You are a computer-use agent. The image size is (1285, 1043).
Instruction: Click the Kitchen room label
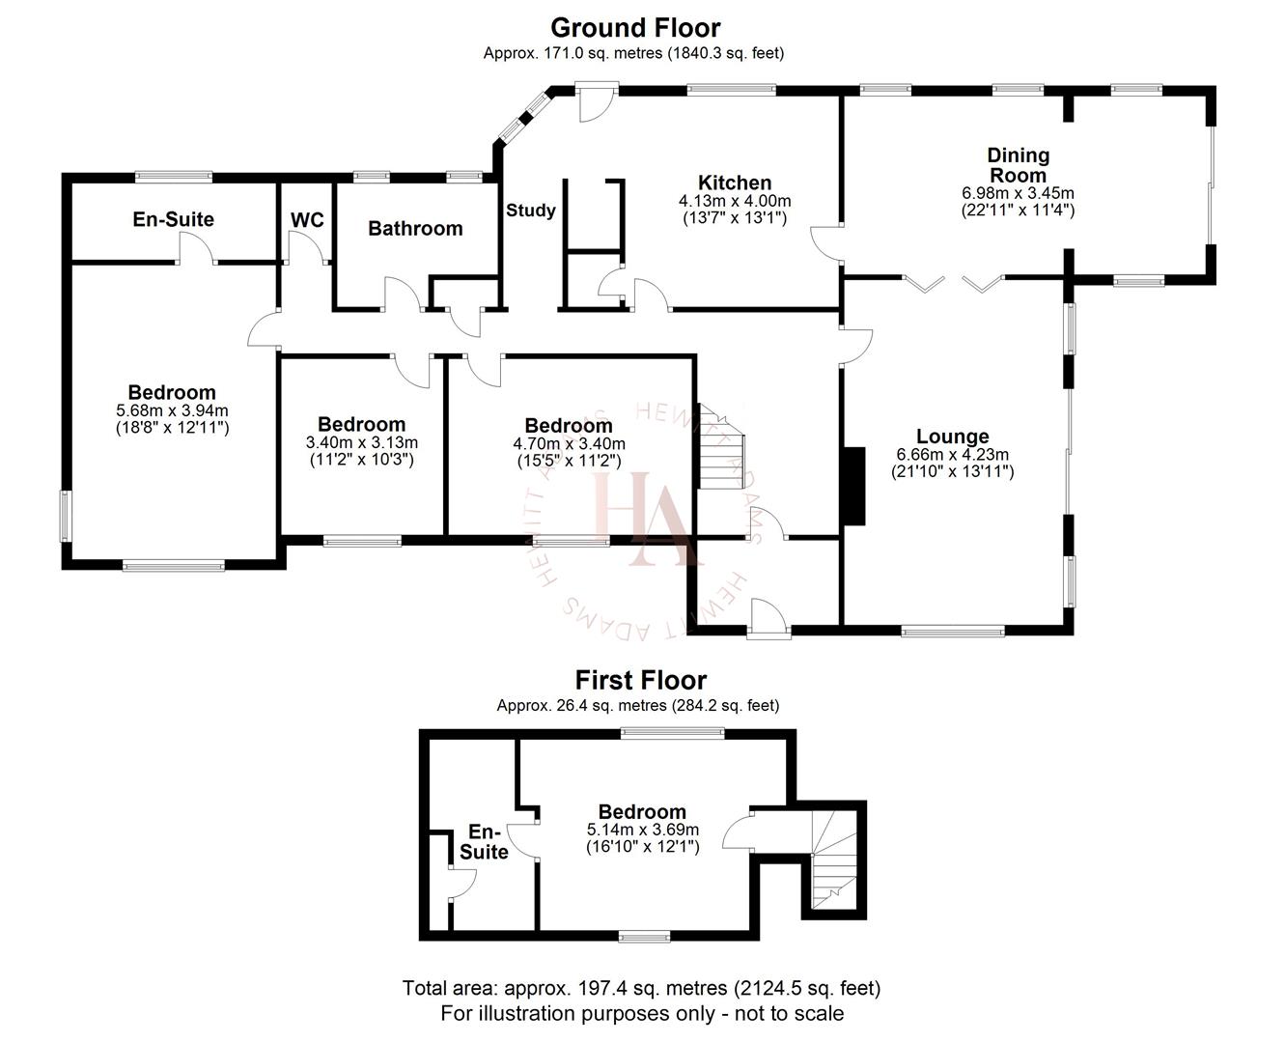735,183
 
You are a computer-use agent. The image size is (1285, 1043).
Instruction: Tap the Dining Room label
1018,165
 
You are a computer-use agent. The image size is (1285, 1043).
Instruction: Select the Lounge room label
952,437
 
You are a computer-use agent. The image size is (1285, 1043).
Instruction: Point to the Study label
531,211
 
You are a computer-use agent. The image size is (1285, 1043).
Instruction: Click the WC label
307,220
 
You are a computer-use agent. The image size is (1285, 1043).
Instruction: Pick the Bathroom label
415,229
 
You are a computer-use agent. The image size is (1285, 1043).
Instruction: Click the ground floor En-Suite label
173,219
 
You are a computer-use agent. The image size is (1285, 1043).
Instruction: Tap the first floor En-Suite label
484,841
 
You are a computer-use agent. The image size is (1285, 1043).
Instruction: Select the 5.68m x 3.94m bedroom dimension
172,410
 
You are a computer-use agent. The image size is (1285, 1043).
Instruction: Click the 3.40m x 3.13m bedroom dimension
361,442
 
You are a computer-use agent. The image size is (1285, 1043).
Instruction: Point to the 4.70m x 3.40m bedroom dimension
569,444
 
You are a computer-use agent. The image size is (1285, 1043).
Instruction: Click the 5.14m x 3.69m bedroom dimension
642,830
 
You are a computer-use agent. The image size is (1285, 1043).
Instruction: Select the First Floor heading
640,680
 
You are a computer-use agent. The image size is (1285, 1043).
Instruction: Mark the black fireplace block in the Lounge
853,487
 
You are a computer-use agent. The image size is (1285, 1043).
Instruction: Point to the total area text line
641,988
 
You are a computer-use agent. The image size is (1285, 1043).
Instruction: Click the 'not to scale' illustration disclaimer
641,1013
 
